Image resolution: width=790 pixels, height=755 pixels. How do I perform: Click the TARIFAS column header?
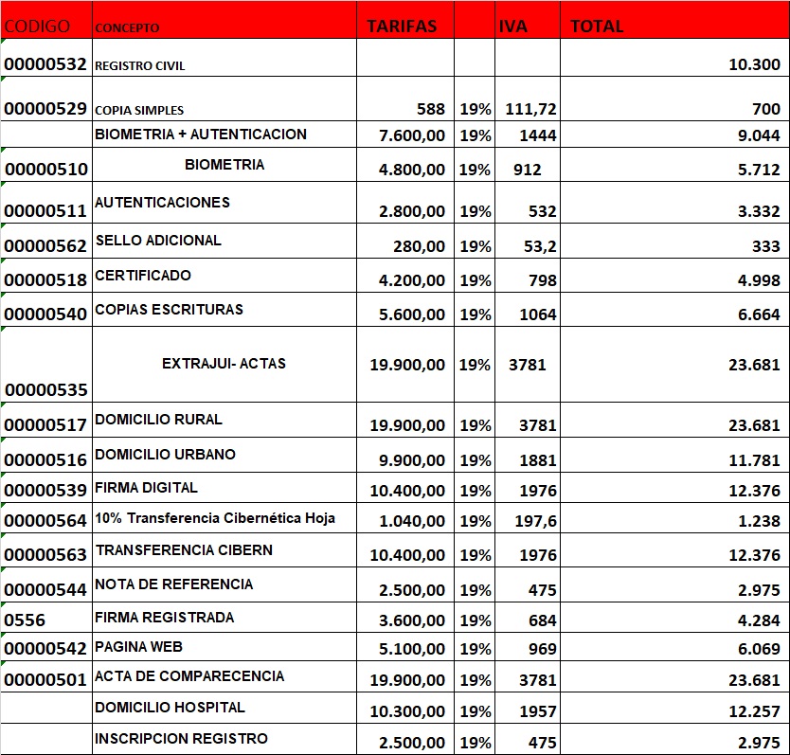coord(402,26)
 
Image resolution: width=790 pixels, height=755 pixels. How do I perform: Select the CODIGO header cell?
coord(37,26)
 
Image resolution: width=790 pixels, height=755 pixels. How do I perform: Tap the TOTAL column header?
coord(597,26)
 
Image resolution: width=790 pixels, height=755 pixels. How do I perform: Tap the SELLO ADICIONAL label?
coord(158,241)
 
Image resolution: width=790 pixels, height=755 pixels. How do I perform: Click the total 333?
coord(766,246)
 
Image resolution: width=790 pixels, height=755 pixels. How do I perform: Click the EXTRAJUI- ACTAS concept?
coord(224,364)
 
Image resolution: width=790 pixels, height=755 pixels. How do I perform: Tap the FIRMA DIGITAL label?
coord(147,488)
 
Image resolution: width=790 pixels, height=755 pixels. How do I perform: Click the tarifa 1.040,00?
coord(411,521)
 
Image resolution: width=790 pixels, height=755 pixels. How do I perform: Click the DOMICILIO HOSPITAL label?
coord(170,708)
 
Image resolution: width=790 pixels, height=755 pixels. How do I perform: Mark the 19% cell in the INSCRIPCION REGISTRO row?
coord(476,743)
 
